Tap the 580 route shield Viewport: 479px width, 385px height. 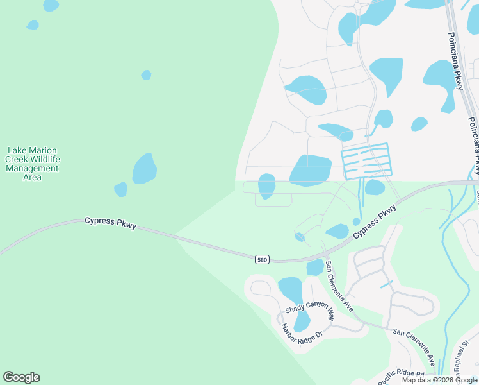[x=261, y=259]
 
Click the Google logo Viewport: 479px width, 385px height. [x=21, y=377]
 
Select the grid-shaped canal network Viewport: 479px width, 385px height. [x=366, y=160]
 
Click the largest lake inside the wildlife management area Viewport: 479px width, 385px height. [x=144, y=169]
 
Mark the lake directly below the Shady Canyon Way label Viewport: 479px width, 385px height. [x=302, y=321]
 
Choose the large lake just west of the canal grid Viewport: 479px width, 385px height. [x=311, y=170]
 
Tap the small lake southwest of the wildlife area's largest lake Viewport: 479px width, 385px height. [x=120, y=189]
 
